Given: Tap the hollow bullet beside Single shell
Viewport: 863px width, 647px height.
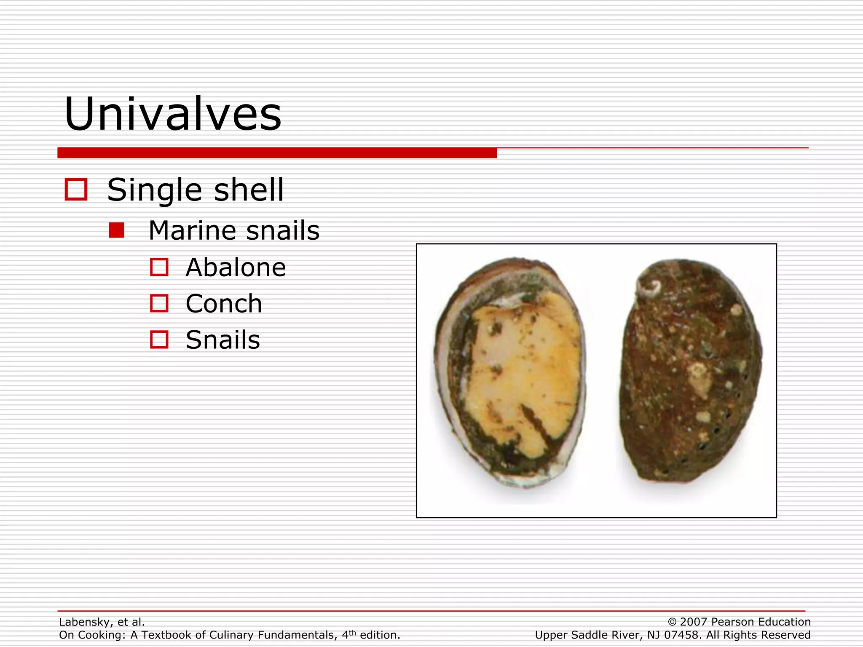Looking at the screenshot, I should tap(76, 189).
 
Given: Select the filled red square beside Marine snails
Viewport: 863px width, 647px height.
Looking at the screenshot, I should tap(116, 230).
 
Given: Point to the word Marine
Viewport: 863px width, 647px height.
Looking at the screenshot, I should tap(192, 231).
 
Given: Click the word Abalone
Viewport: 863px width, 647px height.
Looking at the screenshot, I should tap(236, 267).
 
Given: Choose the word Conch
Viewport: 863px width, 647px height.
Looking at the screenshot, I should tap(224, 304).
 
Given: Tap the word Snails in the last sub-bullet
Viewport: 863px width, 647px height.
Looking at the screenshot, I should tap(222, 340).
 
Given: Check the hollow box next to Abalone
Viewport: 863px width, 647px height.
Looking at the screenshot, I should tap(159, 267).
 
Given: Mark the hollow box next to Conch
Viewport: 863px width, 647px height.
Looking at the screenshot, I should tap(159, 303).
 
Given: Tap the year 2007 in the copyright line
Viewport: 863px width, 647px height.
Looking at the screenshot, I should tap(694, 622).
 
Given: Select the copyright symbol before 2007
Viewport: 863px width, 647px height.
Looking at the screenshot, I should tap(672, 622).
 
